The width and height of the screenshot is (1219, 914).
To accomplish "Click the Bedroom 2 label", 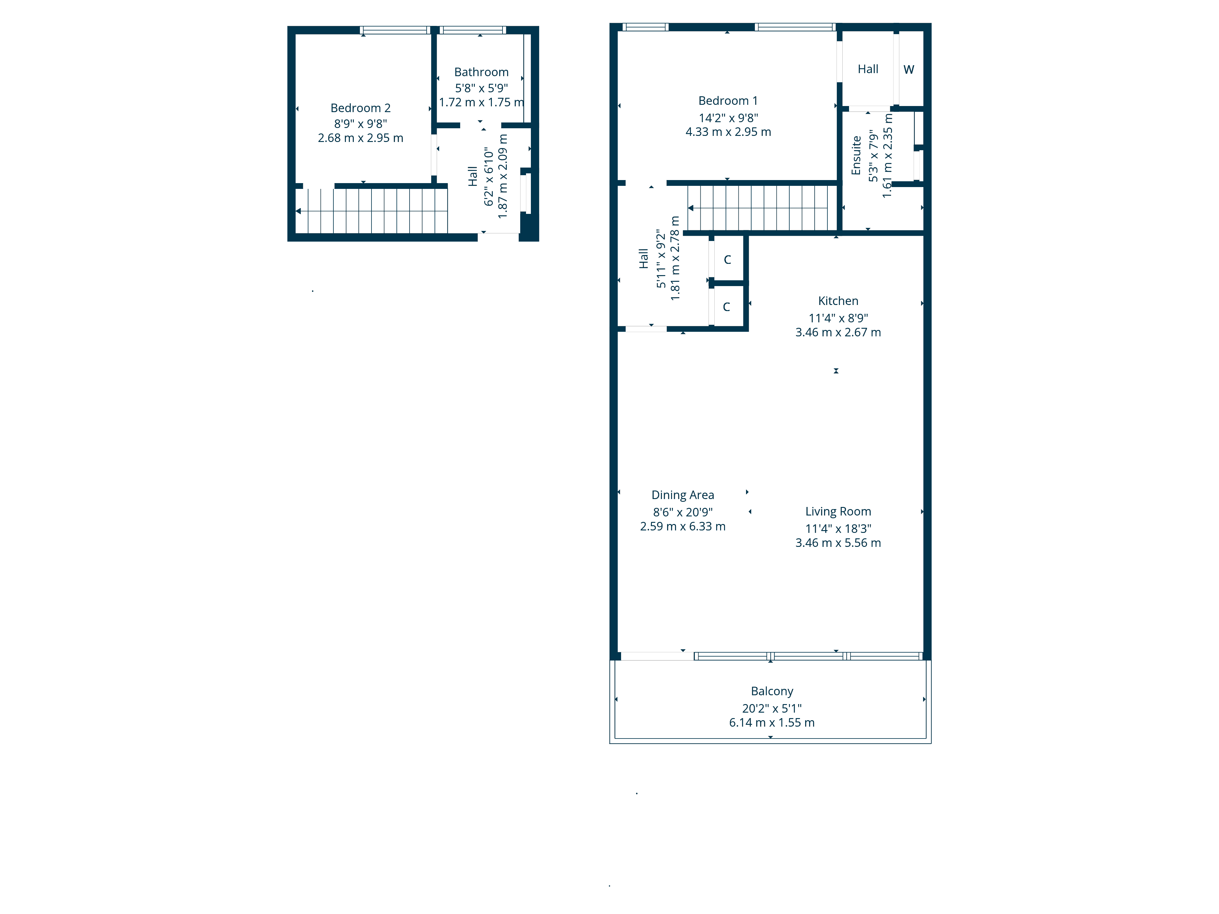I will (x=361, y=108).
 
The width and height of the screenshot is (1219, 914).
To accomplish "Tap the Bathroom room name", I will (x=481, y=72).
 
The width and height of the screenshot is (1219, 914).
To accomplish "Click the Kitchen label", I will (x=838, y=301).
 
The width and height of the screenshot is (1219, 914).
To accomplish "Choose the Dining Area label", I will (x=682, y=495).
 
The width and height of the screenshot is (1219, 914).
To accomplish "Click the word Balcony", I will (x=772, y=691).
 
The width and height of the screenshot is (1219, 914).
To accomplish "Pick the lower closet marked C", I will (x=726, y=307).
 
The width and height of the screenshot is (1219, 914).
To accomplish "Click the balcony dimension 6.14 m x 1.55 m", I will (x=772, y=722).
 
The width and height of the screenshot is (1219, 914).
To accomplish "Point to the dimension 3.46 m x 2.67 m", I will (x=838, y=332).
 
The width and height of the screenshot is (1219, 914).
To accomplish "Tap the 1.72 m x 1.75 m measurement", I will (x=481, y=102).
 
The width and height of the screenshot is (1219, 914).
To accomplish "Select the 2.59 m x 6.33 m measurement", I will (x=682, y=526).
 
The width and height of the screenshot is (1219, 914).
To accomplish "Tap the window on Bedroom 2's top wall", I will (x=395, y=30).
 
